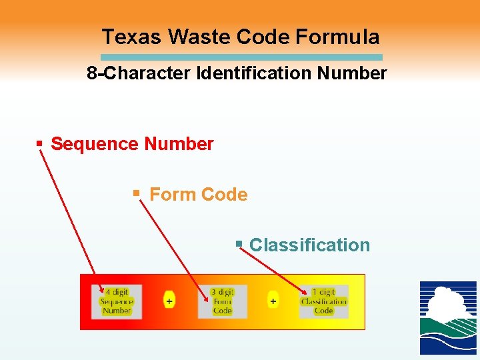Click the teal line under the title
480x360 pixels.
pyautogui.click(x=242, y=57)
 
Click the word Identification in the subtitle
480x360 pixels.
pyautogui.click(x=255, y=73)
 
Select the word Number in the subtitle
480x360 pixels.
pyautogui.click(x=353, y=73)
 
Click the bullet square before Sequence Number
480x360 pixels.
pyautogui.click(x=39, y=143)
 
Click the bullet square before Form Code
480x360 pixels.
pyautogui.click(x=136, y=193)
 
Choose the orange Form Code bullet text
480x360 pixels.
pyautogui.click(x=199, y=195)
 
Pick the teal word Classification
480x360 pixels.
pyautogui.click(x=309, y=245)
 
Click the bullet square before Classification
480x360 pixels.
pyautogui.click(x=239, y=244)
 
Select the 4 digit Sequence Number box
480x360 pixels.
pyautogui.click(x=117, y=301)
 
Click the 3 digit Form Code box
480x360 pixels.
pyautogui.click(x=222, y=301)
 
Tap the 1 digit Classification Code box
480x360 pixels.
pyautogui.click(x=323, y=301)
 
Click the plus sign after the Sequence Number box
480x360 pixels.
pyautogui.click(x=169, y=301)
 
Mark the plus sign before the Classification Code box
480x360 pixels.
pyautogui.click(x=273, y=301)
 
